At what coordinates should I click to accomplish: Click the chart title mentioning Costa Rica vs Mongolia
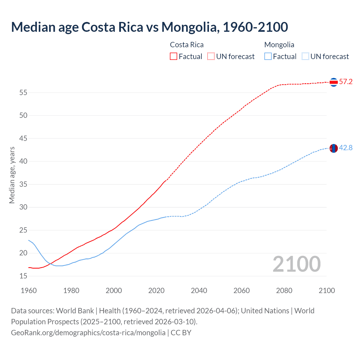point(149,27)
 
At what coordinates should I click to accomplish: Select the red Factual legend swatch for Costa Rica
point(174,56)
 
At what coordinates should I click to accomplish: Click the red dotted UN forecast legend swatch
point(211,56)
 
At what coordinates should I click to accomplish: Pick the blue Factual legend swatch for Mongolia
point(268,56)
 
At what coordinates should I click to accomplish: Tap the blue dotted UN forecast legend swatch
point(305,56)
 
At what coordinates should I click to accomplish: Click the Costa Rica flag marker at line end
point(334,82)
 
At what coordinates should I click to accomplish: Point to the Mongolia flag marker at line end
point(334,148)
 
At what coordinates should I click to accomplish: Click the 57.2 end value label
point(346,82)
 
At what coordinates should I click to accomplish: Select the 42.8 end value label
point(346,148)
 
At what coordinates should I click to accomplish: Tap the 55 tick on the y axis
point(23,93)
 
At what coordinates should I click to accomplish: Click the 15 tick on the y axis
point(23,276)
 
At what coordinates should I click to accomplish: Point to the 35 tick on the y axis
point(23,184)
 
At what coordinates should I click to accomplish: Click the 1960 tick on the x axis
point(29,291)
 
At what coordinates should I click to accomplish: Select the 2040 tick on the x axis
point(199,291)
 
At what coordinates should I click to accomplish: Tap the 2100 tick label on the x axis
point(327,291)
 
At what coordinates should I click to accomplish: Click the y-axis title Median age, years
point(12,175)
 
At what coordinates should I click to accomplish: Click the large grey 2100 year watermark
point(296,264)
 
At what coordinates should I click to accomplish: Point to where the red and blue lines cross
point(50,264)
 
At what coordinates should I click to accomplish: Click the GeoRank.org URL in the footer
point(88,333)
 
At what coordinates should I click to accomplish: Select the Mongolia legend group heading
point(279,45)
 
